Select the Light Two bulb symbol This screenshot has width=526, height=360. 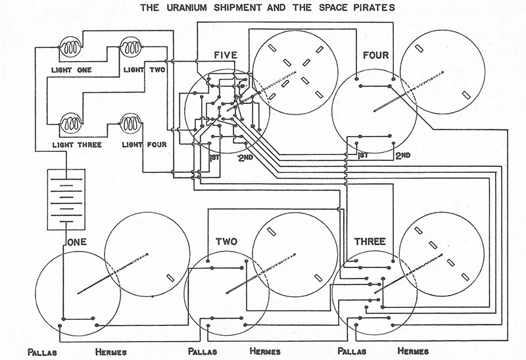click(x=131, y=48)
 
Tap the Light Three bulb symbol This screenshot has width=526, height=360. click(x=70, y=123)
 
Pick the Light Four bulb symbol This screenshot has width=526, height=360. click(x=131, y=123)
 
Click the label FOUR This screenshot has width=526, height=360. click(x=375, y=55)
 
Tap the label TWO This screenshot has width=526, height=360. click(x=226, y=242)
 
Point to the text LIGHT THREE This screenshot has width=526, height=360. click(x=68, y=143)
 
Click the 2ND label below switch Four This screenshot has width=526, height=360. click(x=402, y=156)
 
